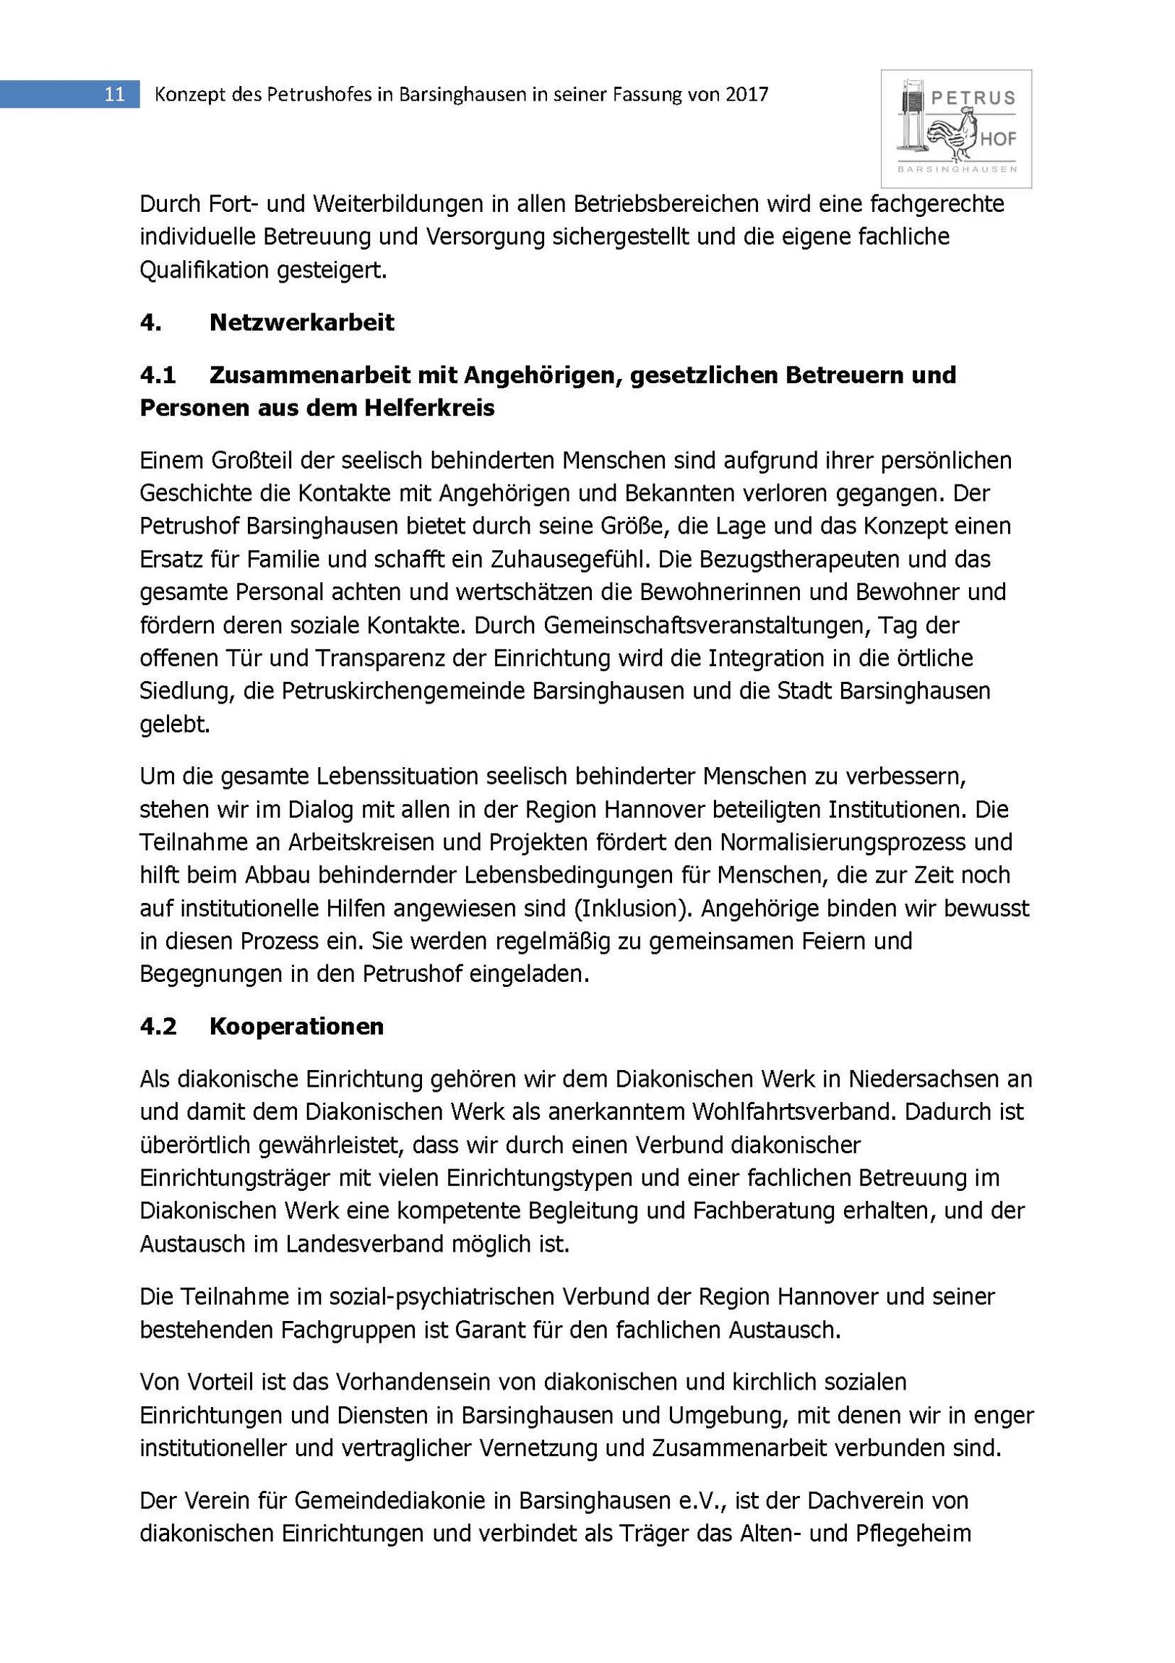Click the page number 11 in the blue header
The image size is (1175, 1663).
pyautogui.click(x=114, y=94)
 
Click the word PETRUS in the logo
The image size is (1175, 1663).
pyautogui.click(x=973, y=98)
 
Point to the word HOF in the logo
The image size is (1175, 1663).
pyautogui.click(x=999, y=138)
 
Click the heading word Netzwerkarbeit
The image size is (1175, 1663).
pyautogui.click(x=301, y=322)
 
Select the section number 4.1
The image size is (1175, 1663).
pyautogui.click(x=158, y=375)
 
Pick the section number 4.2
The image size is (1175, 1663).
pyautogui.click(x=158, y=1026)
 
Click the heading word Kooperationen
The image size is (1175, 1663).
pyautogui.click(x=296, y=1026)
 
